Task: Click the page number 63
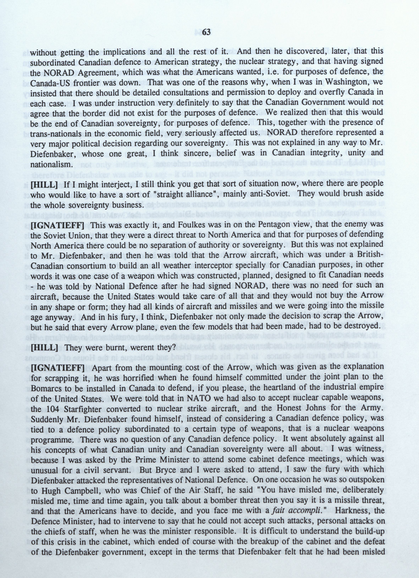coord(207,32)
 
